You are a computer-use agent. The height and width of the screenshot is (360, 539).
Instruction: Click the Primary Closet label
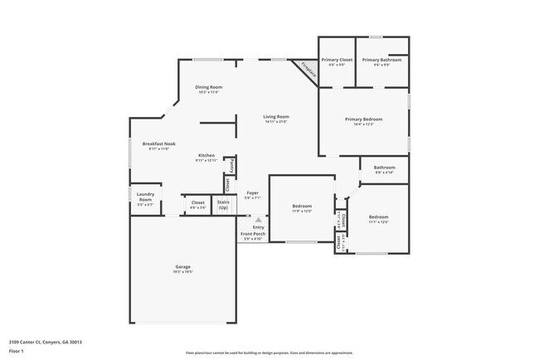point(337,61)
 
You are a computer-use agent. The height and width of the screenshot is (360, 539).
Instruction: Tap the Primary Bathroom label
point(381,61)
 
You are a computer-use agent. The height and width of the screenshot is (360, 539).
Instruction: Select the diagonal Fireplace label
point(308,71)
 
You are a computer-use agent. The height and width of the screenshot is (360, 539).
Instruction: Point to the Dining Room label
point(208,87)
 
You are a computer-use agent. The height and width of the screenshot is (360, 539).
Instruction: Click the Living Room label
point(276,117)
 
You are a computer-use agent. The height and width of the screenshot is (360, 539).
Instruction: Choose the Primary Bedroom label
point(365,119)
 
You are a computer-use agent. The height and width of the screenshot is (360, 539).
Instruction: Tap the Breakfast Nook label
point(158,144)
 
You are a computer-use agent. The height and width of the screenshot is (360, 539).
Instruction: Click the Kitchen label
point(206,155)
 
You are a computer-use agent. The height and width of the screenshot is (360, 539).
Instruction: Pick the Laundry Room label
point(145,198)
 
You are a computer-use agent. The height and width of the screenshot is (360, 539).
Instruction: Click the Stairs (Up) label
point(222,203)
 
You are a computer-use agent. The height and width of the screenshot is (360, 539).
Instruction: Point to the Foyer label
point(252,192)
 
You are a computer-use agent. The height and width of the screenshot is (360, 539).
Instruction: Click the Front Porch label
point(252,234)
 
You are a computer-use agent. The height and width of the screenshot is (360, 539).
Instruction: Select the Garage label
point(182,266)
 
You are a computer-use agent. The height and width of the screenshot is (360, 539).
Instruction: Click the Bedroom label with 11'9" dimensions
point(301,206)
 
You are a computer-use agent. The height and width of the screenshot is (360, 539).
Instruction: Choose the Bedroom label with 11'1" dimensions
point(377,217)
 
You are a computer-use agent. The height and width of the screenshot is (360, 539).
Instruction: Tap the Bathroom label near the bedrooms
point(384,168)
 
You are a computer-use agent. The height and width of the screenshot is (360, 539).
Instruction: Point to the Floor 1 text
point(17,349)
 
